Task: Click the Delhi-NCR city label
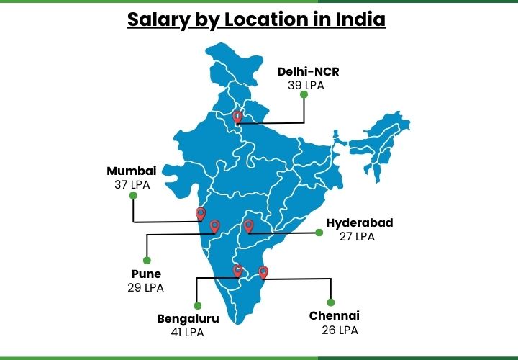[309, 71]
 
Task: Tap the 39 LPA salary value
[305, 85]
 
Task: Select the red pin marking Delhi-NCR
[238, 117]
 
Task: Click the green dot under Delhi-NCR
[304, 94]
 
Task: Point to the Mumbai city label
[132, 171]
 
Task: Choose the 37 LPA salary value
[131, 184]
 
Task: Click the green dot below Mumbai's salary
[132, 195]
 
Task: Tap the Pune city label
[146, 274]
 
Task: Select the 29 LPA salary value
[145, 287]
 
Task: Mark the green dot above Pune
[147, 260]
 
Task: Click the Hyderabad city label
[360, 222]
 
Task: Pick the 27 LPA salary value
[357, 236]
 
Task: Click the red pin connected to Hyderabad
[249, 226]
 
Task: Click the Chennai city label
[335, 316]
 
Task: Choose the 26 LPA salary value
[340, 330]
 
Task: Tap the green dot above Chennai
[331, 302]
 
